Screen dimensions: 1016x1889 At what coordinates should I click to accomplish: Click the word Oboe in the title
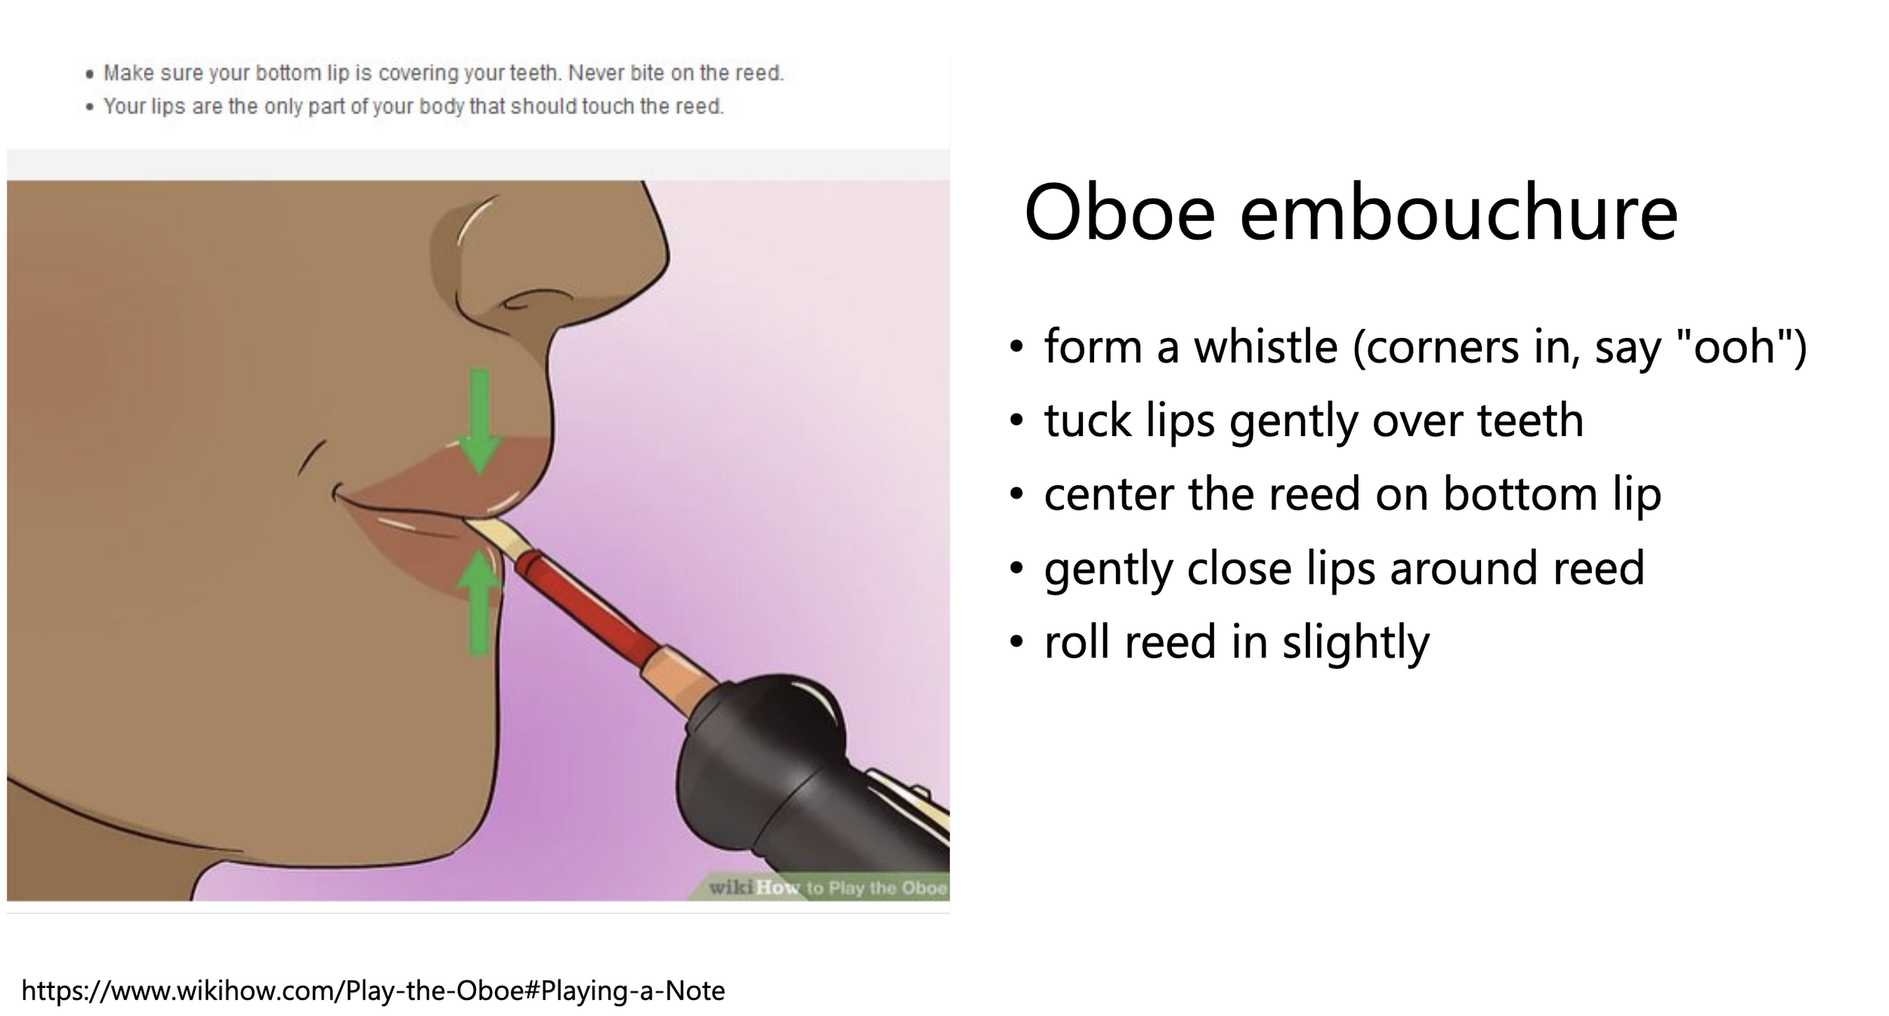1118,214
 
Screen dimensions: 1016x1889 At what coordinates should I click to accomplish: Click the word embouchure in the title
1458,214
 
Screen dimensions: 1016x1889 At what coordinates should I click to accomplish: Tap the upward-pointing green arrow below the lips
479,601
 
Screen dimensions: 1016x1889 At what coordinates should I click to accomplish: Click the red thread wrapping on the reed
586,605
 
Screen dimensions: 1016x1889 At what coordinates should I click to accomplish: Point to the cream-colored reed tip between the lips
495,533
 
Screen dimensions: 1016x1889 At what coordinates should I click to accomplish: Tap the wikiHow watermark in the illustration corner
827,887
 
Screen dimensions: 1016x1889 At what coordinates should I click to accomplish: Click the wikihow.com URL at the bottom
373,990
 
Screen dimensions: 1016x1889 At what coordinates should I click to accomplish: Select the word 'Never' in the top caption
596,73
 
